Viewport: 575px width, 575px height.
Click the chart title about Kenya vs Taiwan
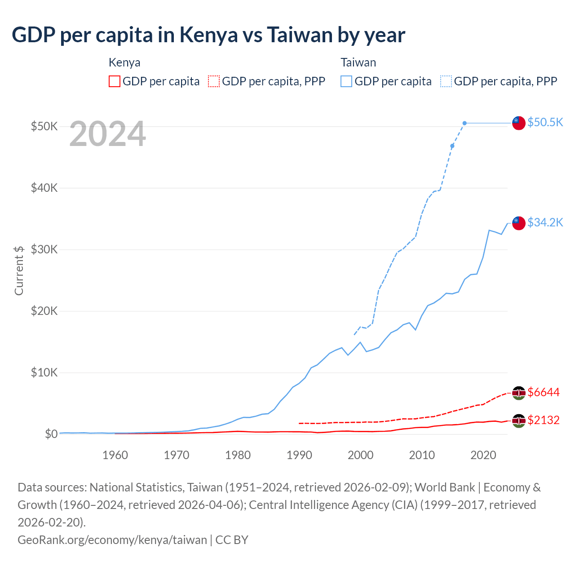click(208, 35)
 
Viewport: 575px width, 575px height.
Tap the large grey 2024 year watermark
click(108, 134)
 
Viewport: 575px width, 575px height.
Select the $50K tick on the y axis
click(44, 126)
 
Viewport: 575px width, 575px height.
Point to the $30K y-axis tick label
click(44, 249)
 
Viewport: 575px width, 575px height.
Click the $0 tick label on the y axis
click(51, 434)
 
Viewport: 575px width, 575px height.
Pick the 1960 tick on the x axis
click(115, 455)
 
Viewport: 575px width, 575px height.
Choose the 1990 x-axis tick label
click(299, 455)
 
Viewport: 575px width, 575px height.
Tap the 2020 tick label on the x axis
click(483, 455)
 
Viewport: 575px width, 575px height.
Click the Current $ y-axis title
click(19, 270)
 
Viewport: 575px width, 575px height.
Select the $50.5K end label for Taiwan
click(545, 122)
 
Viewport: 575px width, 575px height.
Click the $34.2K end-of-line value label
click(545, 222)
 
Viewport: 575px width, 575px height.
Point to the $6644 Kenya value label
click(544, 392)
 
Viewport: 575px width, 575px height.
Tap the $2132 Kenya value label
click(544, 420)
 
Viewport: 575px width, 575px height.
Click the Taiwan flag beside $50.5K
click(519, 123)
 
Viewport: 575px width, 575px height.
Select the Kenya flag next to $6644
click(519, 393)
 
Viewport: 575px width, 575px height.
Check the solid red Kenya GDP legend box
click(115, 81)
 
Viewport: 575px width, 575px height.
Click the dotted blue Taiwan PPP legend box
click(446, 81)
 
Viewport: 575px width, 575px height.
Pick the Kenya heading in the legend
click(124, 62)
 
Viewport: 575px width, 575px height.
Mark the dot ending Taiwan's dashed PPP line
click(464, 123)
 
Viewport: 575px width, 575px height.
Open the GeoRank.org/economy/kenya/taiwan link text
click(112, 540)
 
